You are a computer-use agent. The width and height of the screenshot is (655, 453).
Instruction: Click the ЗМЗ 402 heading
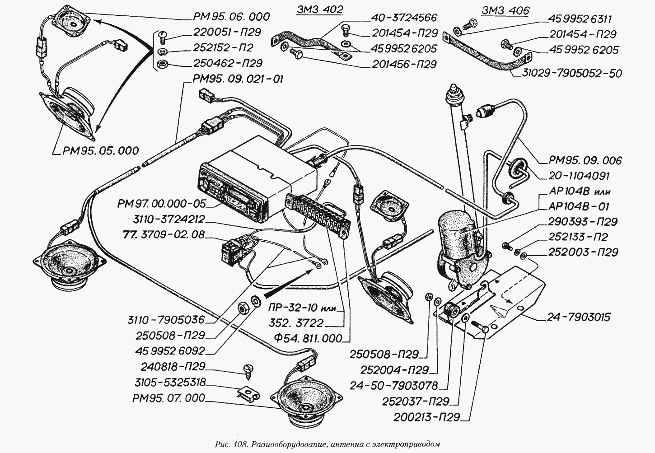tap(320, 10)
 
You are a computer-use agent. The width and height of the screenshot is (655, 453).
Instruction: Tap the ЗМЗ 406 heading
tap(505, 11)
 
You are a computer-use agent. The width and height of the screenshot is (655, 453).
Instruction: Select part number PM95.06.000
tap(231, 17)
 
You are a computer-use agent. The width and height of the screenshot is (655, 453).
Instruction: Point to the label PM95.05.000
tap(100, 151)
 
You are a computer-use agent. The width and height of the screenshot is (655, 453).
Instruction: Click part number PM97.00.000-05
tap(162, 204)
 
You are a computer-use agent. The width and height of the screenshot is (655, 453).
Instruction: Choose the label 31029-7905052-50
tap(572, 73)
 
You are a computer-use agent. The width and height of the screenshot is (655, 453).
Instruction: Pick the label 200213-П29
tap(426, 417)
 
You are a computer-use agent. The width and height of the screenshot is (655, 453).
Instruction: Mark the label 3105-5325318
tap(170, 382)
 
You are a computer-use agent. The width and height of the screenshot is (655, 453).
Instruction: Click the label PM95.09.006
tap(585, 160)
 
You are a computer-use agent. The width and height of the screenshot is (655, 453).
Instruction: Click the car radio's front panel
tap(233, 198)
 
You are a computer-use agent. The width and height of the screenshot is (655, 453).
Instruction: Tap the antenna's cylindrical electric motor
tap(457, 237)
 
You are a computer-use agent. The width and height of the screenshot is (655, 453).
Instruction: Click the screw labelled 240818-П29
tap(248, 372)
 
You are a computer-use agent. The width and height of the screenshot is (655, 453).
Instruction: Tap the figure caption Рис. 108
tap(231, 445)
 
